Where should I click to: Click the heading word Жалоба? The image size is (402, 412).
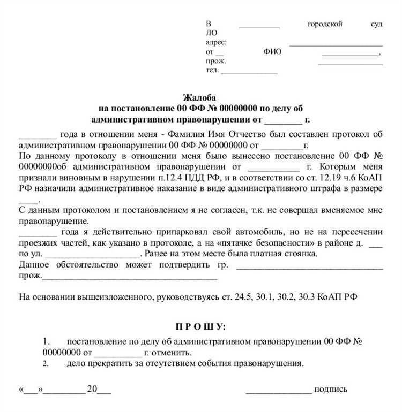[x=200, y=98]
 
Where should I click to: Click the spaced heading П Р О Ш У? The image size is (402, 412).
[x=201, y=326]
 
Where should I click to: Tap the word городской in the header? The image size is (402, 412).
[x=325, y=24]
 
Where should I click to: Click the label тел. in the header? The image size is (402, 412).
[x=212, y=71]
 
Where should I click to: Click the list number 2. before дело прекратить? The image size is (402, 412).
[x=46, y=364]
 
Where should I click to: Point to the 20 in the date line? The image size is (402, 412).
[x=92, y=389]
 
